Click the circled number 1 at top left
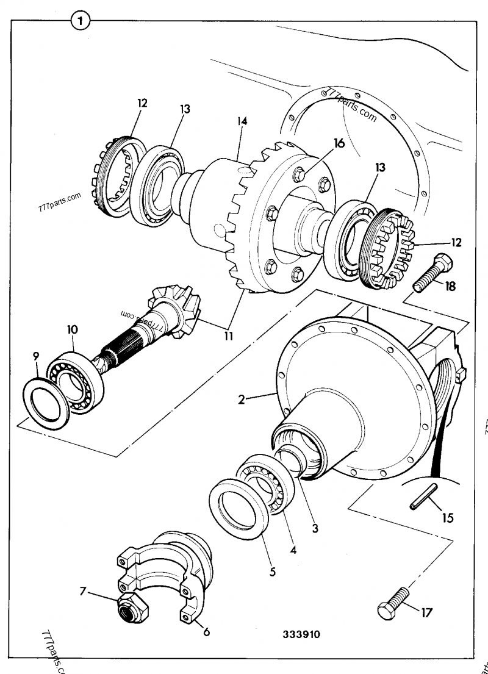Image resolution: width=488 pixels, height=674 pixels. point(80,21)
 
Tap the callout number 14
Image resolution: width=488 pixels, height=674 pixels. point(242,121)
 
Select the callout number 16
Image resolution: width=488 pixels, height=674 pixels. point(339,144)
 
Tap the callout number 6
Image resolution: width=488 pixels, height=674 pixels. point(206,631)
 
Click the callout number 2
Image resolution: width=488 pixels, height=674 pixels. point(242,400)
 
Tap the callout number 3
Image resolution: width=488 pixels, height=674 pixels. point(315,528)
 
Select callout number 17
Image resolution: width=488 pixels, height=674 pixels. point(426,611)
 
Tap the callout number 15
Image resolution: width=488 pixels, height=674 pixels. point(448,518)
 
